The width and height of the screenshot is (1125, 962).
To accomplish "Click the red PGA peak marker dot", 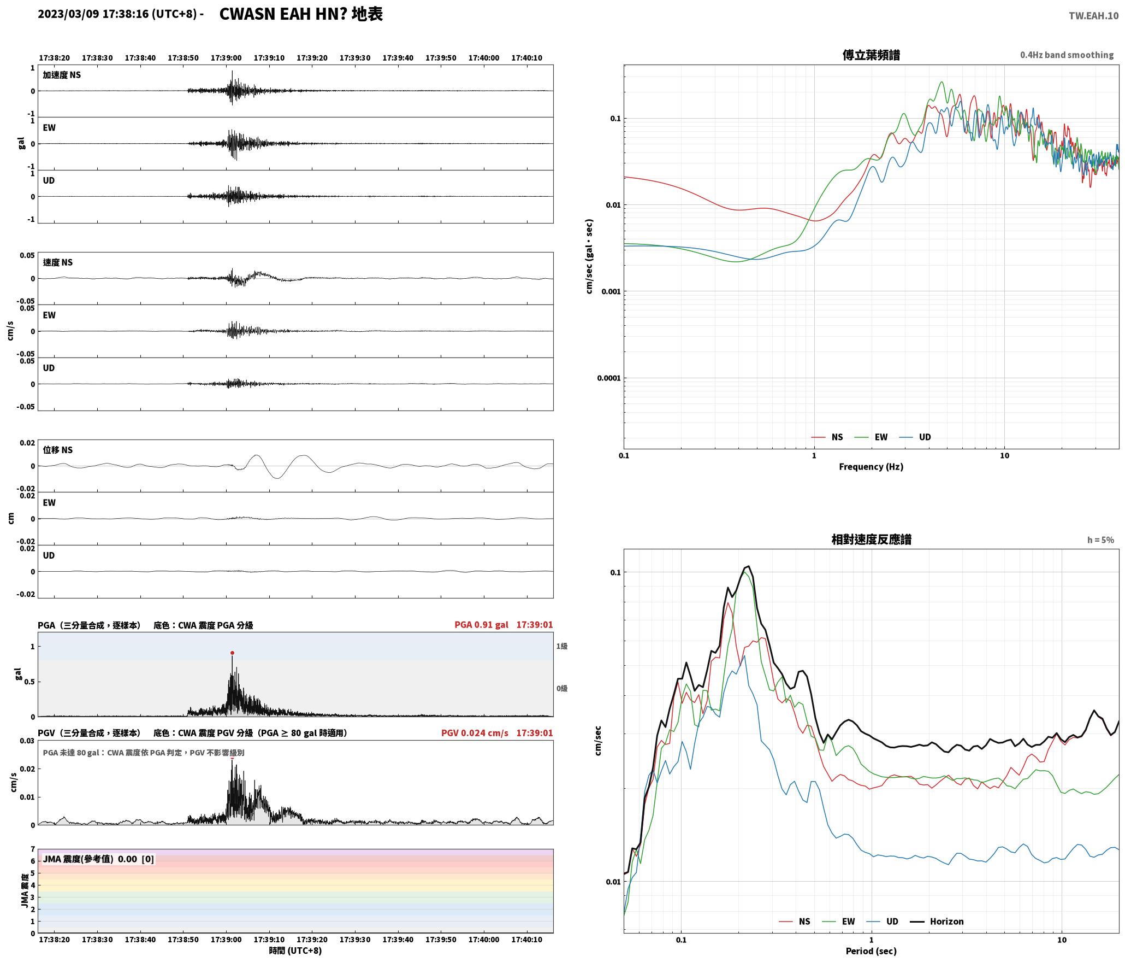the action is (x=232, y=653).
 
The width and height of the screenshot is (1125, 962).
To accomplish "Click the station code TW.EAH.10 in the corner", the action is (x=1093, y=16).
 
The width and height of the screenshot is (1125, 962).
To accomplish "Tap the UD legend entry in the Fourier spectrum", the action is (x=915, y=437).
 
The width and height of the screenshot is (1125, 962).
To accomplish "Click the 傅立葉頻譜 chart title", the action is (x=871, y=55).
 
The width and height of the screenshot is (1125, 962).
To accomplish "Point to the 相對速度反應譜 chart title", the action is (x=871, y=539).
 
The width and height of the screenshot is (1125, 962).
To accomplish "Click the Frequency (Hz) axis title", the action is (x=871, y=466).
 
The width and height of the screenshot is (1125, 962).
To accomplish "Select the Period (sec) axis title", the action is (x=871, y=951).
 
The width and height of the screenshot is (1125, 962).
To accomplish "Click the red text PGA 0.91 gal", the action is (x=481, y=625).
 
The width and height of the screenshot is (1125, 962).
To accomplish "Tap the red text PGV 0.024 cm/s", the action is (x=475, y=733).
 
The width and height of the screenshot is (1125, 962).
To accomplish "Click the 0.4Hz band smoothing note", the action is (x=1067, y=55).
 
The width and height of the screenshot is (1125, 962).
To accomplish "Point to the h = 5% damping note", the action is (x=1100, y=540).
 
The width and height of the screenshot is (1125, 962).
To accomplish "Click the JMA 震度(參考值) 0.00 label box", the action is (x=98, y=859).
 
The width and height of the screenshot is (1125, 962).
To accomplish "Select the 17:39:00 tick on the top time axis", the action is (x=226, y=58).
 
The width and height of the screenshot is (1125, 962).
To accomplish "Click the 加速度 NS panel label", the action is (x=62, y=75).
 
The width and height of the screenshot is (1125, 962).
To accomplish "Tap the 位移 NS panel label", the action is (x=58, y=450).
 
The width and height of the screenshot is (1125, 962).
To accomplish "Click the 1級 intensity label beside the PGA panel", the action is (x=562, y=646).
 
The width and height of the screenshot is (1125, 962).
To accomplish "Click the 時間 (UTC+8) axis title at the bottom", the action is (x=295, y=951).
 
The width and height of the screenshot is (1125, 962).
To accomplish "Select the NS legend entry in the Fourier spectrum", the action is (x=827, y=437).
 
